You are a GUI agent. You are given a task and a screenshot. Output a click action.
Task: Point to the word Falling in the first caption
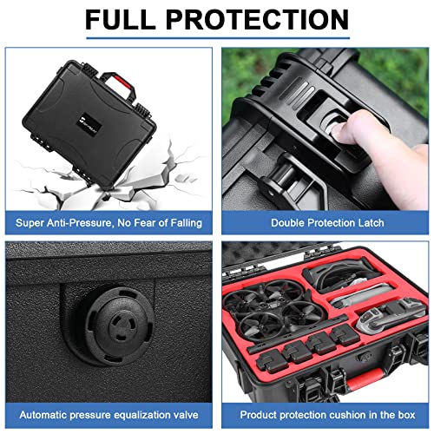[x=181, y=223]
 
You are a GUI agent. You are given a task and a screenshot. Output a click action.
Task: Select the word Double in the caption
[x=291, y=223]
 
